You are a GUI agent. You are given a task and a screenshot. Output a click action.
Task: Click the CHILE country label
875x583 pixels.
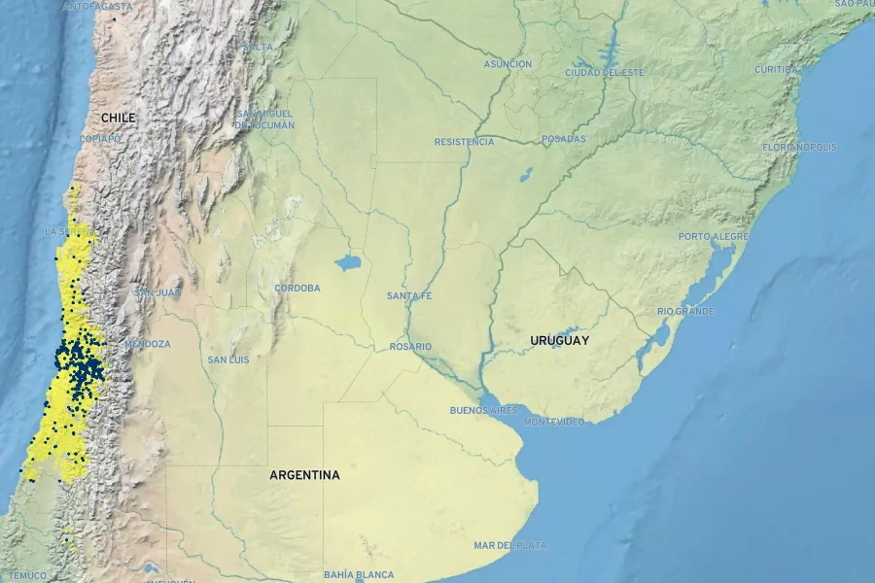point(118,118)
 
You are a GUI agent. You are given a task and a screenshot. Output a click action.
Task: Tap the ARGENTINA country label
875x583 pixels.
point(304,475)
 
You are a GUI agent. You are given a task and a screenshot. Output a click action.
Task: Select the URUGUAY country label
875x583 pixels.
point(559,341)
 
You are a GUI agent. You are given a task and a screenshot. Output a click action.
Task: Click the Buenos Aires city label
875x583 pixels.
point(483,410)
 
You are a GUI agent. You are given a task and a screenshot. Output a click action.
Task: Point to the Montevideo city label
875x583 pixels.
point(554,422)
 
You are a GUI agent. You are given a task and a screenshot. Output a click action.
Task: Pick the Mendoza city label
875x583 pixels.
point(147,344)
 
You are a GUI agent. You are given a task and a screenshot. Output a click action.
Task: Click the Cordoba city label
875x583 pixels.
point(297,288)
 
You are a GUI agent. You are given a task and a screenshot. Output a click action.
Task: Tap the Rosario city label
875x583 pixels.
point(410,347)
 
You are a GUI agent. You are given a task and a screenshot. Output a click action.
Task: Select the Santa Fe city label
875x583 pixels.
point(408,295)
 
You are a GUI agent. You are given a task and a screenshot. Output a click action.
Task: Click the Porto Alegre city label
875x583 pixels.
point(714,237)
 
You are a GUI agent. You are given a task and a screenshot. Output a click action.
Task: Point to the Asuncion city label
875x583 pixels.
point(507,64)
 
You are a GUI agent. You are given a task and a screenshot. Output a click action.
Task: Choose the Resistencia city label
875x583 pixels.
point(464,142)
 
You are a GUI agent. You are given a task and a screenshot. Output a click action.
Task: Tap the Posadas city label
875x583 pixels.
point(564,139)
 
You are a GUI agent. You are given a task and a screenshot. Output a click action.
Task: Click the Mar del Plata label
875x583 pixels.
point(510,546)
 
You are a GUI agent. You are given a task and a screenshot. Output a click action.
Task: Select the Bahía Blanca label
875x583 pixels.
point(360,575)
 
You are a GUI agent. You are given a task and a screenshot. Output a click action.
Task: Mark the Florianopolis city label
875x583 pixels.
point(799,147)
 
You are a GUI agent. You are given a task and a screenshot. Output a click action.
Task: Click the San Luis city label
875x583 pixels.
point(227,360)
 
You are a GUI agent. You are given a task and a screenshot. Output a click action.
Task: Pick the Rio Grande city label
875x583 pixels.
point(685,311)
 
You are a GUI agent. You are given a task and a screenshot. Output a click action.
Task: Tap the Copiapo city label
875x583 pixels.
point(100,139)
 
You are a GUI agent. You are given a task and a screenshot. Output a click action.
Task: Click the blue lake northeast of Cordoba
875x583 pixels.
point(347,262)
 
